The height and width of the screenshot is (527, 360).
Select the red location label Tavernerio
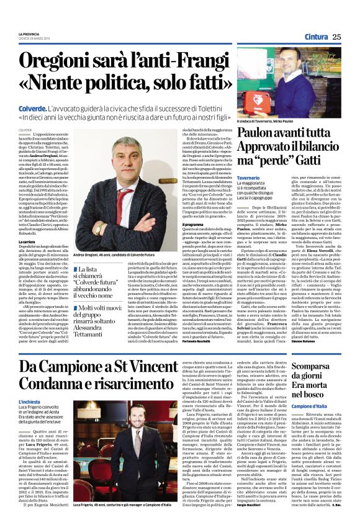tap(251, 178)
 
